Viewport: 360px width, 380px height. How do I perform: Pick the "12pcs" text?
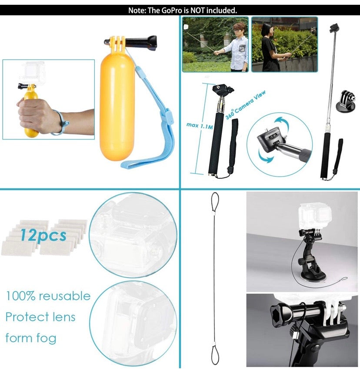[43, 235]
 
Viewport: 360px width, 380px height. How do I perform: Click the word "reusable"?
[64, 296]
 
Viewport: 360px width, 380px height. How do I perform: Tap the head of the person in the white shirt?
[239, 29]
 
